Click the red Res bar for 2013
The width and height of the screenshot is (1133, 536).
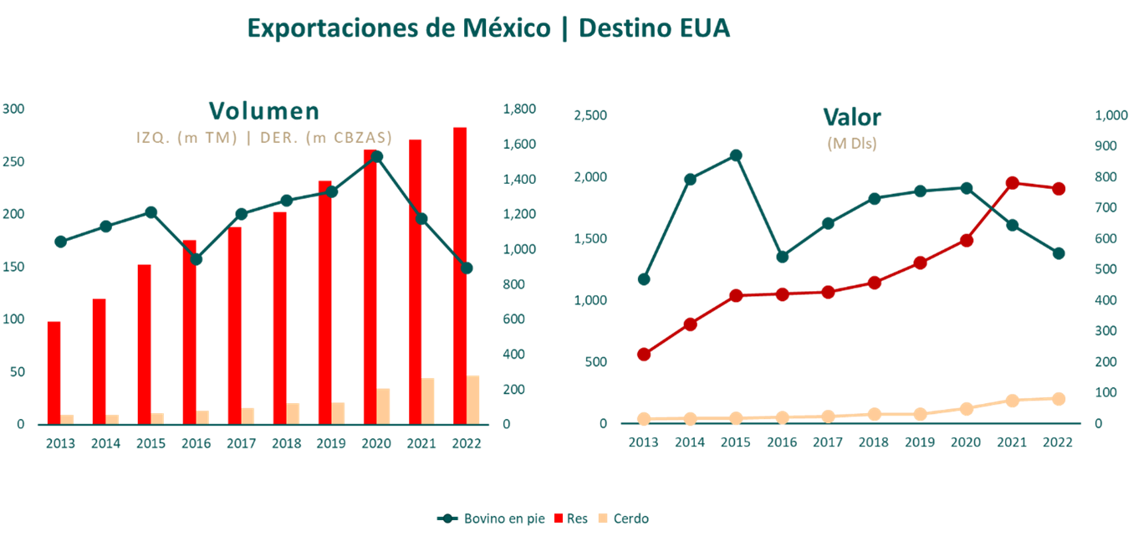point(54,372)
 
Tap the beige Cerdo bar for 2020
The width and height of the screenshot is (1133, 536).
point(383,406)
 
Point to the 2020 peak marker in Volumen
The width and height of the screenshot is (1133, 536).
point(376,156)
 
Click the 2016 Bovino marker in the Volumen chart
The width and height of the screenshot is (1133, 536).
point(196,259)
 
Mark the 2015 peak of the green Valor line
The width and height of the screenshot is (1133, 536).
point(735,156)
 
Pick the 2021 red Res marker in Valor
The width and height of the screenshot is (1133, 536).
point(1012,183)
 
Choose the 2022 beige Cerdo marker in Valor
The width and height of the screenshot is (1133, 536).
point(1058,399)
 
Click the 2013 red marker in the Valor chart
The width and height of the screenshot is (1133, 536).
point(643,355)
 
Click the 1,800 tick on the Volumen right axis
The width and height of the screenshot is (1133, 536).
point(518,109)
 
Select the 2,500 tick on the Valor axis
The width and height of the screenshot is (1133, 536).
point(589,115)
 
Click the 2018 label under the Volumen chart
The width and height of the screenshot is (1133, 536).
point(286,444)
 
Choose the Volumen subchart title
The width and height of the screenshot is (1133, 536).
point(263,111)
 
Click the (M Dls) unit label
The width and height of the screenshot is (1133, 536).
point(851,143)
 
